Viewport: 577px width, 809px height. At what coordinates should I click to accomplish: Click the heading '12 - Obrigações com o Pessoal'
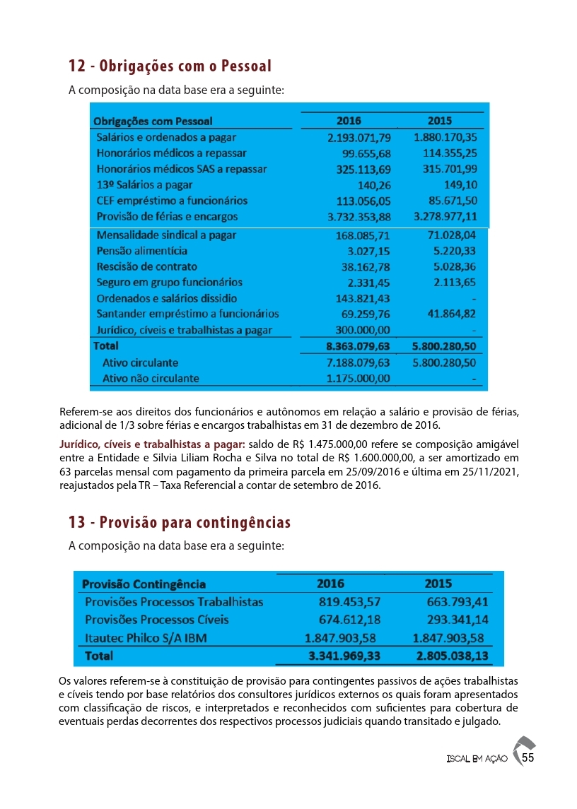(x=170, y=66)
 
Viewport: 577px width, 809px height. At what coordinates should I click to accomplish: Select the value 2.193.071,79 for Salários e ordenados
(x=359, y=137)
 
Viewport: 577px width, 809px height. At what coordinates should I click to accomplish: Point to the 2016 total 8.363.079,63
(x=358, y=347)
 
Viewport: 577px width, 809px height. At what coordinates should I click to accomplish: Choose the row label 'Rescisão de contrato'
(x=147, y=266)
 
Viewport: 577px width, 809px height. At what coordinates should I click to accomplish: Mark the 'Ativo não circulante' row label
(x=151, y=378)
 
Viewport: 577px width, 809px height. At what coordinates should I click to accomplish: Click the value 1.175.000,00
(x=358, y=378)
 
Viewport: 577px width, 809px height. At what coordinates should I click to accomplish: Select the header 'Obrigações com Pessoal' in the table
(x=153, y=122)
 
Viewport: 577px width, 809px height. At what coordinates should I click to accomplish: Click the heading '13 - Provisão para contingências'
(x=180, y=523)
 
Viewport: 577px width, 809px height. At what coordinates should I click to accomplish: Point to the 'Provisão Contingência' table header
(x=144, y=584)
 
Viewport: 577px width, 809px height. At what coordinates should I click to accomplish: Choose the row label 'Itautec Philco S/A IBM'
(x=146, y=638)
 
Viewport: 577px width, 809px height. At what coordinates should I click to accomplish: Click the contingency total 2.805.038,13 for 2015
(x=453, y=656)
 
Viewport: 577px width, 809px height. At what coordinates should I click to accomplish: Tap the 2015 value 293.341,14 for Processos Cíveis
(x=457, y=620)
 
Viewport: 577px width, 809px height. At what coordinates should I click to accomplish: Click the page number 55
(x=527, y=757)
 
